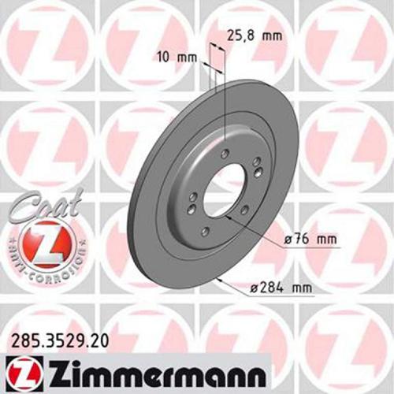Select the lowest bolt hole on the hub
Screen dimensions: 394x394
pos(205,230)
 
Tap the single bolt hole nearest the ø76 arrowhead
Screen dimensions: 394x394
pos(243,210)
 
